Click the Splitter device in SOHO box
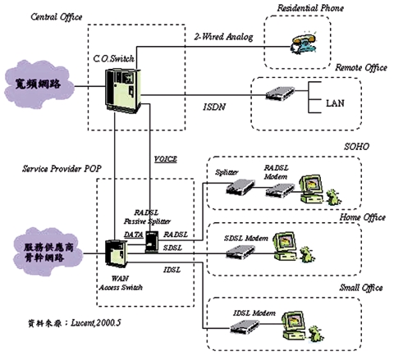pyautogui.click(x=238, y=191)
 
